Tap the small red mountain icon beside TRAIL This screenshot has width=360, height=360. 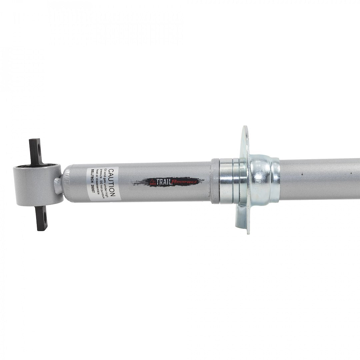point(153,182)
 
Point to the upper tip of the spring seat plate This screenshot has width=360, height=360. point(245,130)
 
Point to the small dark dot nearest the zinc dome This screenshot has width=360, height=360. point(302,174)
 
